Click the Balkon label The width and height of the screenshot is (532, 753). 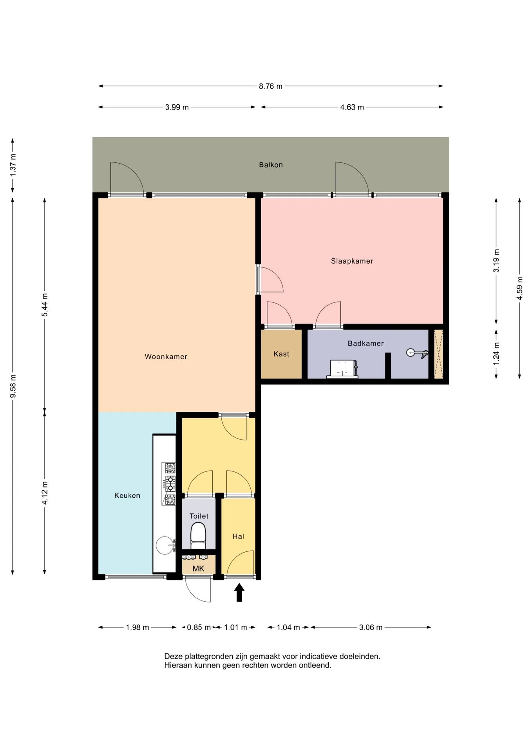[x=271, y=165]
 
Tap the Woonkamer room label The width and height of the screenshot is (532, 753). [x=166, y=356]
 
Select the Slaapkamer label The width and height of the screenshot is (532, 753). [x=352, y=261]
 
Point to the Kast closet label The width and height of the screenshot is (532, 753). [x=281, y=354]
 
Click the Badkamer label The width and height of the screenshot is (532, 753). [x=366, y=343]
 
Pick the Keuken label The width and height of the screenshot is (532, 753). [x=127, y=495]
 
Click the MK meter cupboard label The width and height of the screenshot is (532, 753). [x=198, y=568]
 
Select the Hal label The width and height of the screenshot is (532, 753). [x=238, y=536]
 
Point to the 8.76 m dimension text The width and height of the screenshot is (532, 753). [x=270, y=86]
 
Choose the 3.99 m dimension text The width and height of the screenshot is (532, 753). [x=177, y=107]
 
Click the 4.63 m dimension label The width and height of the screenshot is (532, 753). [x=352, y=107]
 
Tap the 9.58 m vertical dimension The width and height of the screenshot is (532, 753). [x=13, y=386]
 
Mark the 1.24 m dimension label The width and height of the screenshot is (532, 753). [x=496, y=353]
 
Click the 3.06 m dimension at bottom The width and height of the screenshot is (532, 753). [x=371, y=627]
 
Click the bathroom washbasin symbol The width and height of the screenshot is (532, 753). [x=343, y=369]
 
